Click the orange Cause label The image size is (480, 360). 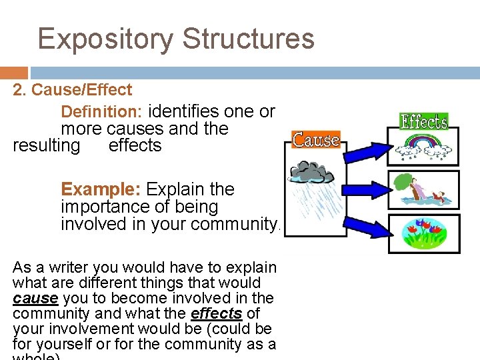(316, 140)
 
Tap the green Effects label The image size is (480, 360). (423, 121)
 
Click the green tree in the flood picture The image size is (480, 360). (405, 183)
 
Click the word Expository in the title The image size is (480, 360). (106, 39)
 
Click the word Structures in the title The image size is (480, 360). (248, 39)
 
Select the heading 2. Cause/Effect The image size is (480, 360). (73, 90)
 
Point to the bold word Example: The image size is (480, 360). (101, 189)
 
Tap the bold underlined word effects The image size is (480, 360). (216, 313)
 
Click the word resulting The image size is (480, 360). (46, 145)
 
